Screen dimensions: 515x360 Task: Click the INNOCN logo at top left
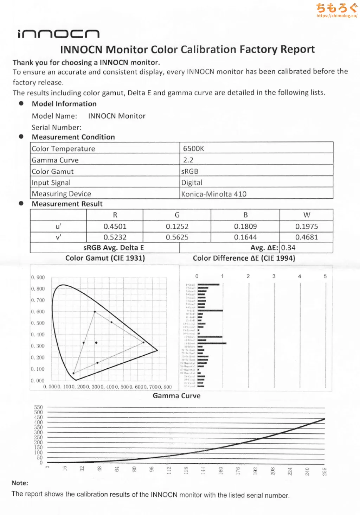point(58,34)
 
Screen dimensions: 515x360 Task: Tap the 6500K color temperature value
point(193,148)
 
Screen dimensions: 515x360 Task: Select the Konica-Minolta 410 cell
point(214,194)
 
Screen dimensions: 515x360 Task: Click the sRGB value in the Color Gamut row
point(190,171)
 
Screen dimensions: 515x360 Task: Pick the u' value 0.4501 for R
point(115,226)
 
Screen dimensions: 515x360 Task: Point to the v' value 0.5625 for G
point(177,237)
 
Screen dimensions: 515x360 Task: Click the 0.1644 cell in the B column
point(245,237)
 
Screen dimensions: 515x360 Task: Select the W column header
point(307,215)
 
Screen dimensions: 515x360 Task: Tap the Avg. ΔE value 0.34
point(288,248)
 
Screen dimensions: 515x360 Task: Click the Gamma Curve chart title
point(176,396)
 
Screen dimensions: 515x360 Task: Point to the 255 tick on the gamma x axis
point(324,471)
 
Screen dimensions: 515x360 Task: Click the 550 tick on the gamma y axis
point(38,407)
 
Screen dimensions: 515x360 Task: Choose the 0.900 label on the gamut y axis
point(38,277)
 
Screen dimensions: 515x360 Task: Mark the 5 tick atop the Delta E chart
point(325,276)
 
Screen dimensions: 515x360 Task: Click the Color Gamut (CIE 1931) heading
point(105,258)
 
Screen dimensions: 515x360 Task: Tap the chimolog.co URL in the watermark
point(337,16)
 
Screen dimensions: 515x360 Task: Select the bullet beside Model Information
point(21,103)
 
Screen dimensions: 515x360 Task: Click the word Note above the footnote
point(20,483)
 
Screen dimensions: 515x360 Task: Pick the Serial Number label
point(56,127)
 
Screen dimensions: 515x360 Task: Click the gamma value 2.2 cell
point(188,160)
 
